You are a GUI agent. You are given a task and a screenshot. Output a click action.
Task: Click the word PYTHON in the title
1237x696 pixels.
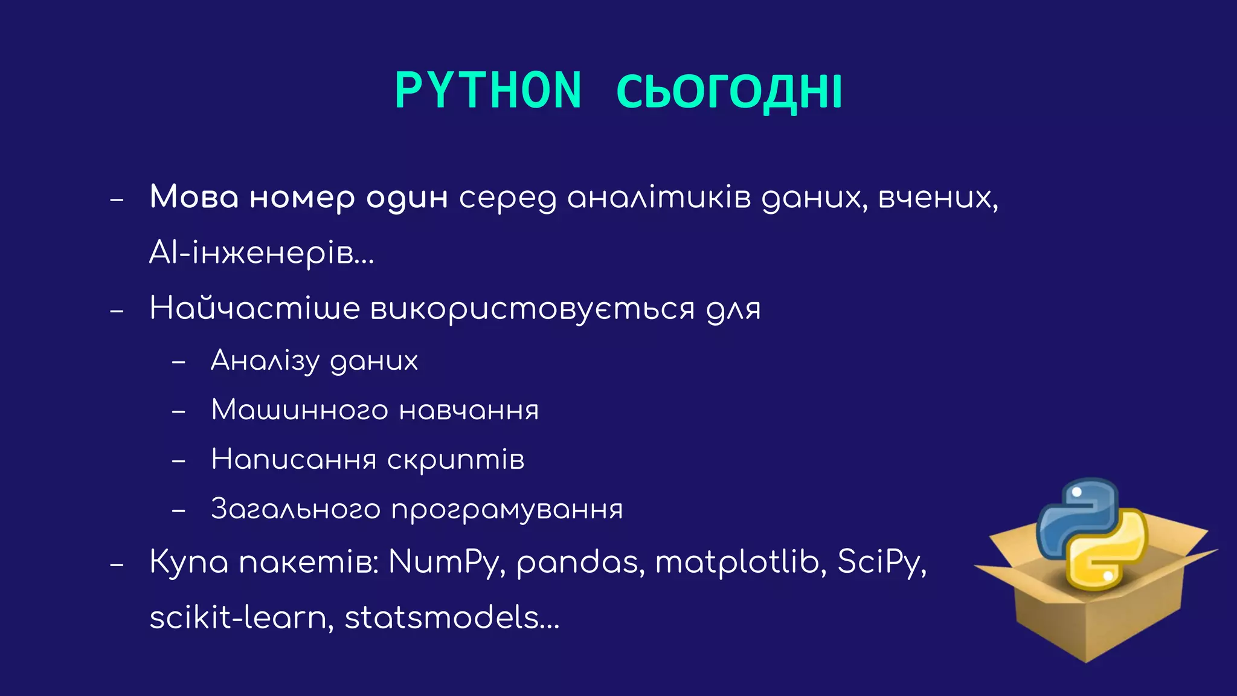click(x=488, y=91)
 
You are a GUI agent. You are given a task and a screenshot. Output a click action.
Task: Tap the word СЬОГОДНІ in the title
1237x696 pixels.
click(x=729, y=92)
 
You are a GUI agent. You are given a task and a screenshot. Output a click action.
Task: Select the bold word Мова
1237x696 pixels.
click(x=194, y=197)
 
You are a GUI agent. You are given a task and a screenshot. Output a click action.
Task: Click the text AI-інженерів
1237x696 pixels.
click(x=261, y=253)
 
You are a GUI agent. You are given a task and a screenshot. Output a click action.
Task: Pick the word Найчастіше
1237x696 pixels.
click(x=254, y=308)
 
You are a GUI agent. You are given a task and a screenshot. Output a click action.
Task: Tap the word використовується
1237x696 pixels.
click(x=532, y=309)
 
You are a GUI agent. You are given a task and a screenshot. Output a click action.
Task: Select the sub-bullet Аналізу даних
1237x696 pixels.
click(x=314, y=361)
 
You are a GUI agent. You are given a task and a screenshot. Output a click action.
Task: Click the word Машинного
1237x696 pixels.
click(x=300, y=410)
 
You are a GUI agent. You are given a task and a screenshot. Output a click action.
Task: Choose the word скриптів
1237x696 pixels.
click(x=455, y=460)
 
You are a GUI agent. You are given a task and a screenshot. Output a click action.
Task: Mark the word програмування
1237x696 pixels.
click(x=507, y=510)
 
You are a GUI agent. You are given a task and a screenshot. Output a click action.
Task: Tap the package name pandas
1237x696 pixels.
click(x=580, y=562)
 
